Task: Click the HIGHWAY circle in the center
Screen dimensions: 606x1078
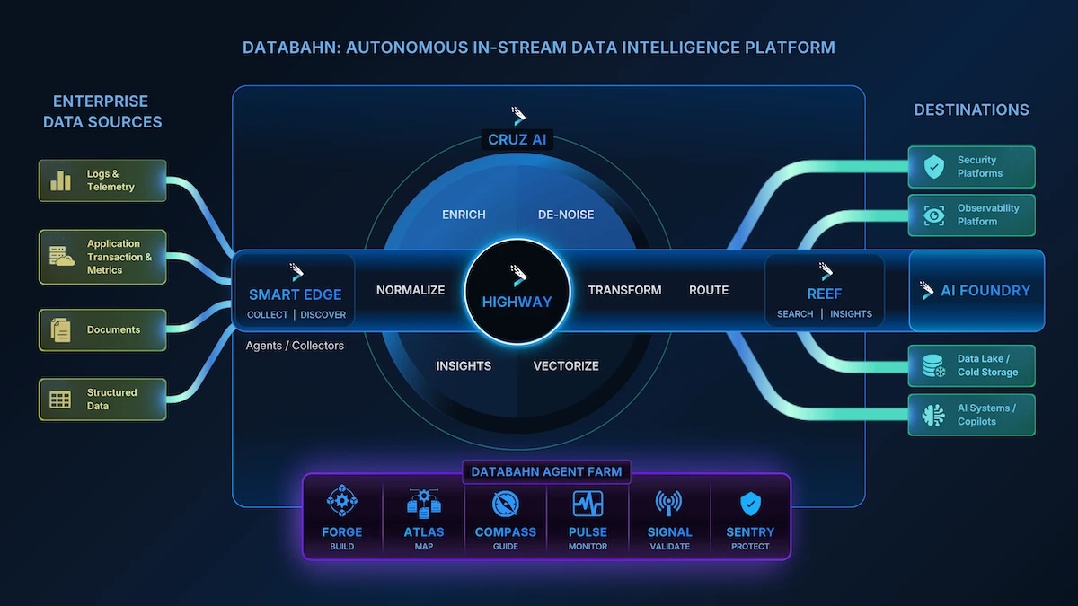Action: coord(517,291)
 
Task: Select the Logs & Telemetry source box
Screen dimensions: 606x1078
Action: coord(102,180)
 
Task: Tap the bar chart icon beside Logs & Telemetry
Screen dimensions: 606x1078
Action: coord(61,180)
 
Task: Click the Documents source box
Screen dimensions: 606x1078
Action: coord(102,329)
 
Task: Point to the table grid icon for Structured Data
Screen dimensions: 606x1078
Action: coord(60,400)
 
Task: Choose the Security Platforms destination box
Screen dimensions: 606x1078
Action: coord(971,167)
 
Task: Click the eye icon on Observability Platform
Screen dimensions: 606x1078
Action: coord(934,215)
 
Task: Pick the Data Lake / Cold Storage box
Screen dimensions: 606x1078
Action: coord(971,365)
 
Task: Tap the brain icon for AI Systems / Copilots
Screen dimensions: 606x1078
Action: coord(934,415)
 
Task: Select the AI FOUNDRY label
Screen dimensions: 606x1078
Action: coord(985,291)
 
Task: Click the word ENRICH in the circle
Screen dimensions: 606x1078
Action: coord(464,215)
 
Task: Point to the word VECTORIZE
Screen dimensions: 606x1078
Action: coord(566,365)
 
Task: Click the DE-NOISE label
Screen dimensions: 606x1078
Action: coord(566,215)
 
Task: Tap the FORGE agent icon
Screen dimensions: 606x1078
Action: coord(342,502)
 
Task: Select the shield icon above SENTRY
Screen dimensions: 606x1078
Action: coord(750,503)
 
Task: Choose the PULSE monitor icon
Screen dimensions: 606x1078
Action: coord(588,503)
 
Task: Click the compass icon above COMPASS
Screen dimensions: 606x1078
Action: coord(506,503)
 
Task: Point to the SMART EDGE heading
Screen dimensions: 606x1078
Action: coord(296,294)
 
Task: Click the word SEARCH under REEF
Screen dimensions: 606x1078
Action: coord(795,314)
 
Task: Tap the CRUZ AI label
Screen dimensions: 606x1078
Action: coord(517,140)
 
